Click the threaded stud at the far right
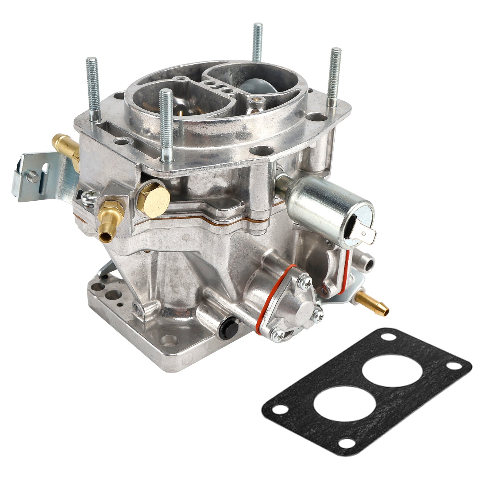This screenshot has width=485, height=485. click(x=335, y=76)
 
